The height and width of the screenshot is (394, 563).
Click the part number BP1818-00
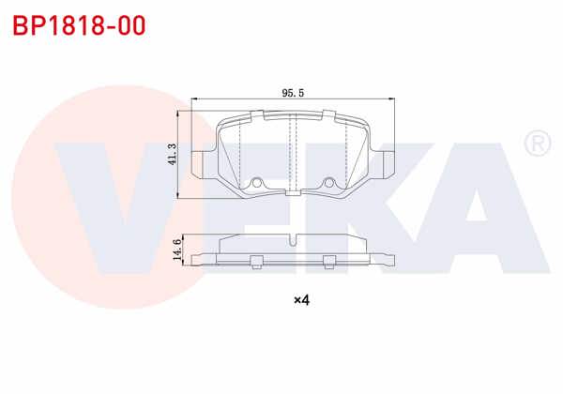tap(79, 25)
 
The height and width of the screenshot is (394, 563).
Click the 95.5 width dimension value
tap(293, 93)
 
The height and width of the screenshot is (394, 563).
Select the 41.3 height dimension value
tap(172, 152)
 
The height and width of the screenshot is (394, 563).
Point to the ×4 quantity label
tap(301, 300)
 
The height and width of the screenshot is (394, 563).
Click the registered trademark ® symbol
tap(537, 144)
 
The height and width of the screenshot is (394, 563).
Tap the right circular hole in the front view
tap(329, 183)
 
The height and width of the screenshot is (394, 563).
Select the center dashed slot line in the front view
tap(293, 150)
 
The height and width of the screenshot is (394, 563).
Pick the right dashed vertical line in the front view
tap(346, 150)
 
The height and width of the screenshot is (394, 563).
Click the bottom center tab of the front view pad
tap(293, 192)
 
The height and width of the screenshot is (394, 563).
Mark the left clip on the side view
tap(256, 260)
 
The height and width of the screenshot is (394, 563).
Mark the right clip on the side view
tap(328, 260)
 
